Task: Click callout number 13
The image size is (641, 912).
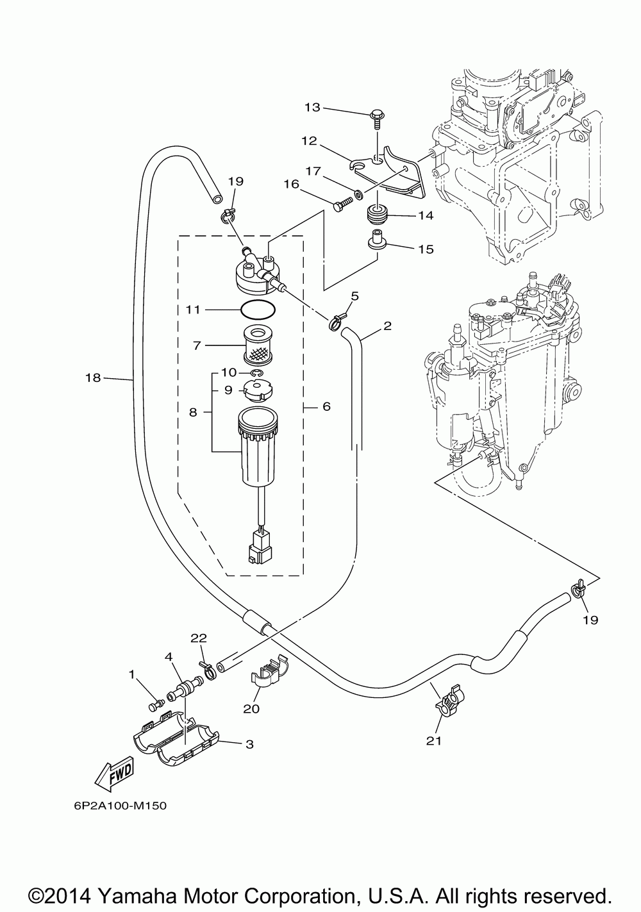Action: tap(313, 108)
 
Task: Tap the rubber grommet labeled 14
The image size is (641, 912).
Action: tap(377, 215)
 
